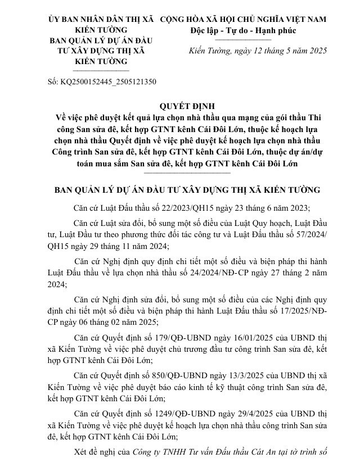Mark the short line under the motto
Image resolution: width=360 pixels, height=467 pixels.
[243, 40]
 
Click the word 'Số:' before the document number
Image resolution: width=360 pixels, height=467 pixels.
[52, 81]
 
